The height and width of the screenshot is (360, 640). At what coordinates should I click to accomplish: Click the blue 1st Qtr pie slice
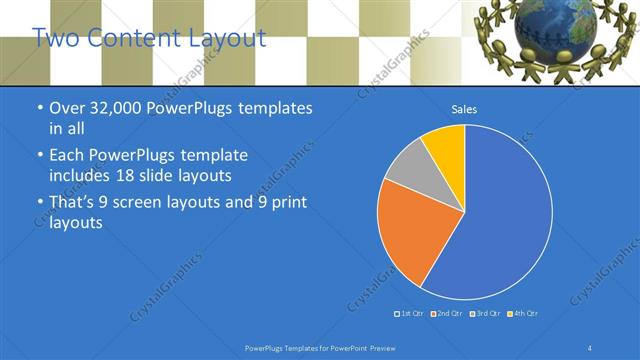tap(500, 220)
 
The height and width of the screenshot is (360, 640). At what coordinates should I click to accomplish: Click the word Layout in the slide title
tap(226, 39)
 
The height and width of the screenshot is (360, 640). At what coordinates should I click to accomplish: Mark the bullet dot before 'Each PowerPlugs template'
tap(39, 157)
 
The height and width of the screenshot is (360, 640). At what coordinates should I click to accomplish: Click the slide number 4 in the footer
tap(590, 347)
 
